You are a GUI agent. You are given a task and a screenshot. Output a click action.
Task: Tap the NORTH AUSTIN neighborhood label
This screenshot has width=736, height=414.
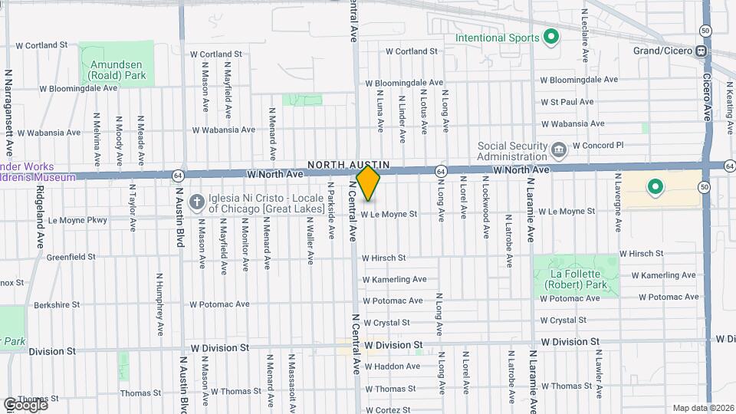tap(349, 165)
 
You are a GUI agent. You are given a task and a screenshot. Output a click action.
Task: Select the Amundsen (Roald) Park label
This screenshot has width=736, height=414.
tap(117, 71)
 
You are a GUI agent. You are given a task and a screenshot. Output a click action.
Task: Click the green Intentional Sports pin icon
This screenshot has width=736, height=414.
tap(550, 36)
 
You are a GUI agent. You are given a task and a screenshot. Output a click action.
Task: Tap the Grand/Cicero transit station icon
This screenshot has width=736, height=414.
tap(701, 51)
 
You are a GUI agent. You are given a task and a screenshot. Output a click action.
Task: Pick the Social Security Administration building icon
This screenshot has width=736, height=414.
tap(559, 148)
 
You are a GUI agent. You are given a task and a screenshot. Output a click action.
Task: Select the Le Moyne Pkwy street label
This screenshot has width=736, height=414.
tap(77, 220)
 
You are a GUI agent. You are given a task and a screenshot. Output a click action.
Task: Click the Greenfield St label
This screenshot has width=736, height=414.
tap(71, 257)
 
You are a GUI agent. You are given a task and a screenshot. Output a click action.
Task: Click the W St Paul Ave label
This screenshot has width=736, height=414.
tap(567, 101)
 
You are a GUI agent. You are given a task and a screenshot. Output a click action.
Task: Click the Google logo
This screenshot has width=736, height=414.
tap(25, 404)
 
